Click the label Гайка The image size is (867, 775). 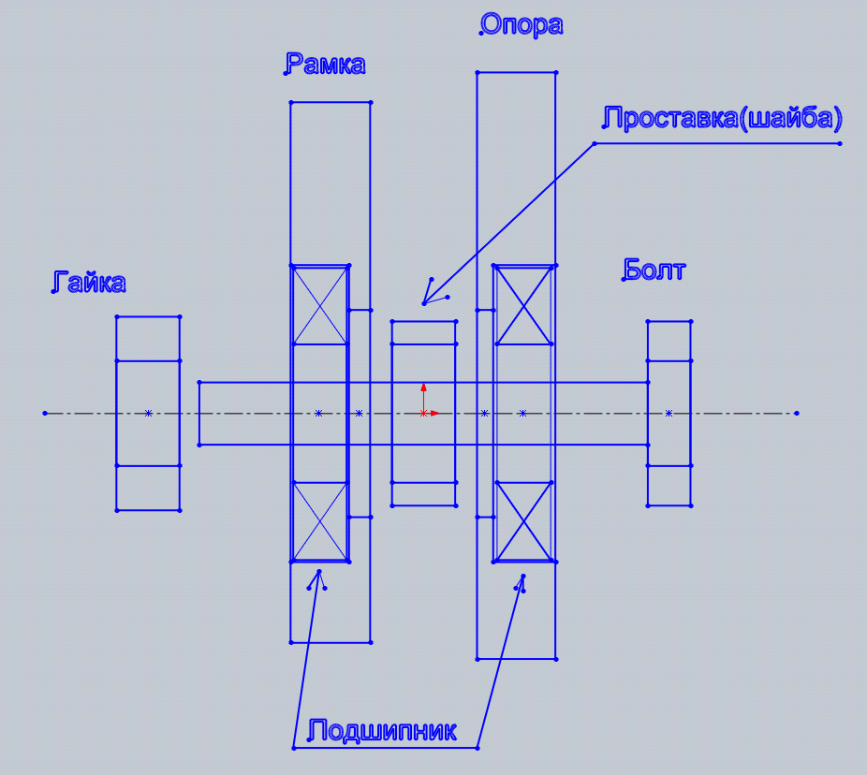(88, 282)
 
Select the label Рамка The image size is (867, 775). (325, 64)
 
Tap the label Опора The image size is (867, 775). (521, 25)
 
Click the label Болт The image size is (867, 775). (654, 270)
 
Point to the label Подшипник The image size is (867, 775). (381, 731)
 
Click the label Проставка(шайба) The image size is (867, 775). (722, 118)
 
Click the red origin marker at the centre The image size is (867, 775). (423, 413)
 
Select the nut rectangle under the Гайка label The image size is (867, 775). (148, 414)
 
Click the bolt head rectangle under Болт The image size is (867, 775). (669, 414)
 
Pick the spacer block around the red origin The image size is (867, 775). (424, 414)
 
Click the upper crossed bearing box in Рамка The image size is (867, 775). (319, 305)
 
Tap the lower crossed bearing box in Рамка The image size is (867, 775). (319, 522)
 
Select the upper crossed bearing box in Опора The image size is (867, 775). (524, 305)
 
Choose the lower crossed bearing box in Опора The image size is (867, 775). (524, 522)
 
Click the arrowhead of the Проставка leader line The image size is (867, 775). (424, 303)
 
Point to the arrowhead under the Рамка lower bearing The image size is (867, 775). (319, 572)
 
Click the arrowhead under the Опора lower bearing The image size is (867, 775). (523, 576)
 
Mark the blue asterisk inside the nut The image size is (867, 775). (148, 414)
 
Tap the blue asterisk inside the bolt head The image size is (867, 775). (669, 414)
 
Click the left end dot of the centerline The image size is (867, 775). (45, 414)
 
